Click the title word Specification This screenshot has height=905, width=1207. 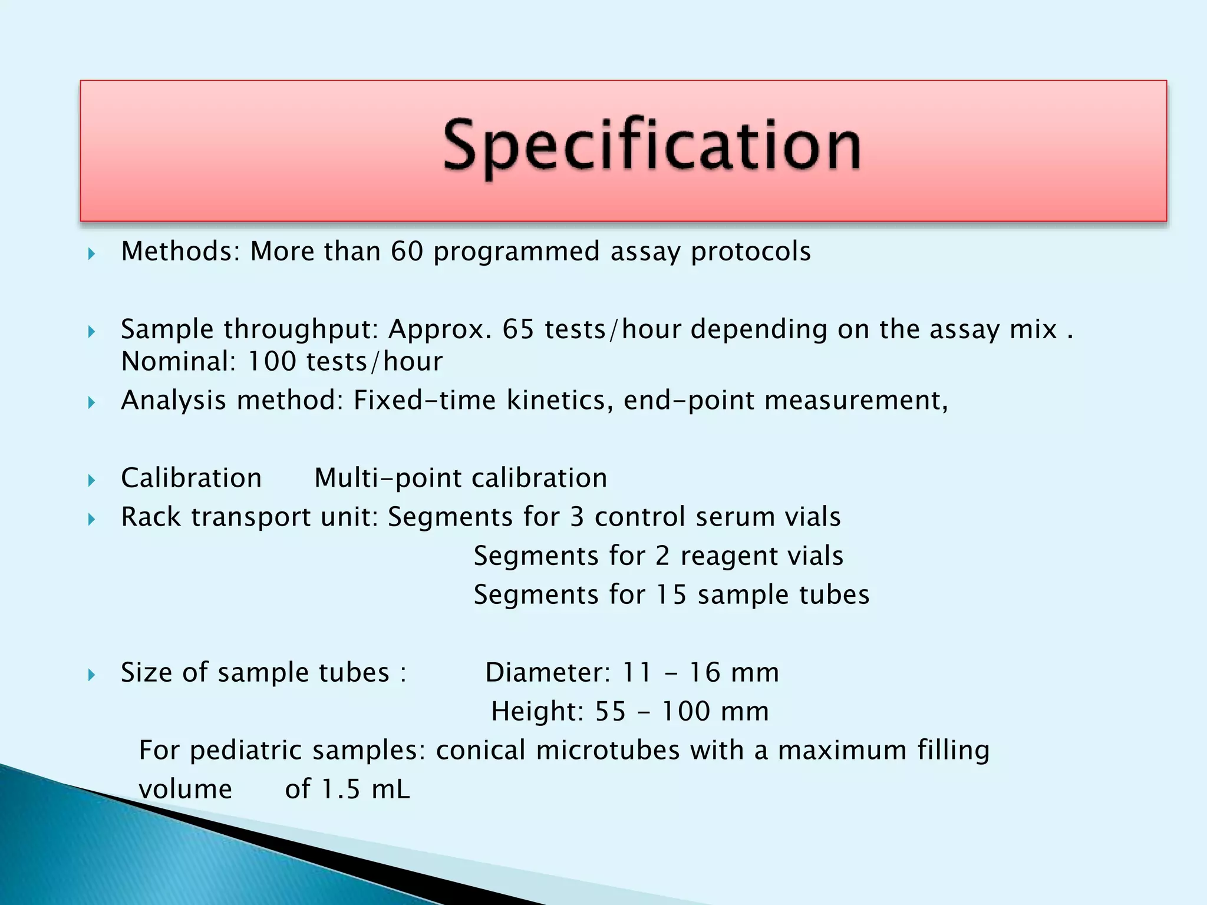point(651,146)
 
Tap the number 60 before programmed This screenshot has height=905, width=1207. point(407,252)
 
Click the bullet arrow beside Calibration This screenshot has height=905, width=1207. point(91,481)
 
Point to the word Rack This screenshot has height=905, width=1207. point(150,517)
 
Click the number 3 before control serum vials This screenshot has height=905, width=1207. point(576,517)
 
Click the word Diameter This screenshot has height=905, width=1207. point(548,673)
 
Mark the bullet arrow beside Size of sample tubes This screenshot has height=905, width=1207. point(91,675)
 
